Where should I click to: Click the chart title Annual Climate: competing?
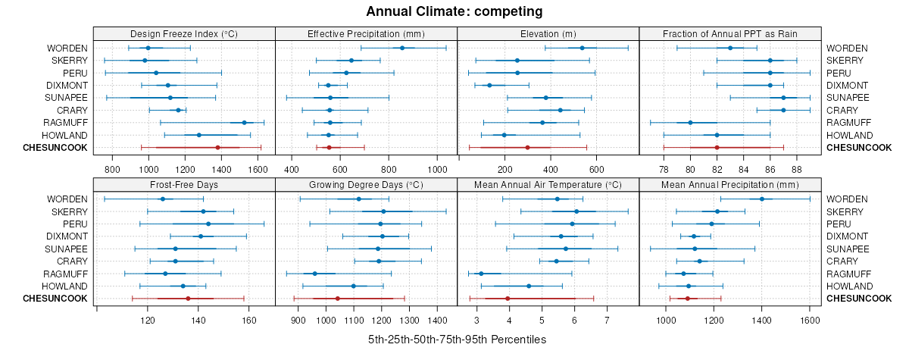(x=454, y=11)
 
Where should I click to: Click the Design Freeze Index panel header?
(x=184, y=33)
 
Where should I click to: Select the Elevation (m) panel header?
(x=548, y=33)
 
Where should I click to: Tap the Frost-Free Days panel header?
(x=184, y=184)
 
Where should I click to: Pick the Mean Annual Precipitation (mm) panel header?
(x=729, y=184)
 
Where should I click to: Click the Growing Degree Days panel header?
(x=366, y=184)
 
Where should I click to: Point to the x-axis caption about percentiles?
(x=457, y=340)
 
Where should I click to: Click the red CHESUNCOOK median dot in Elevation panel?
(x=527, y=147)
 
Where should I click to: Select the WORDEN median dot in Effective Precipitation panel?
(x=402, y=48)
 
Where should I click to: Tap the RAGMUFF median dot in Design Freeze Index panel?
(x=244, y=122)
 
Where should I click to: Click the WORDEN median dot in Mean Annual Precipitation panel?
(x=762, y=199)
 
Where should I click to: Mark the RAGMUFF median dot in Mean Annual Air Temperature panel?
(x=480, y=273)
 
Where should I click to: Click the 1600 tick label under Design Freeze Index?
(x=258, y=169)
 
